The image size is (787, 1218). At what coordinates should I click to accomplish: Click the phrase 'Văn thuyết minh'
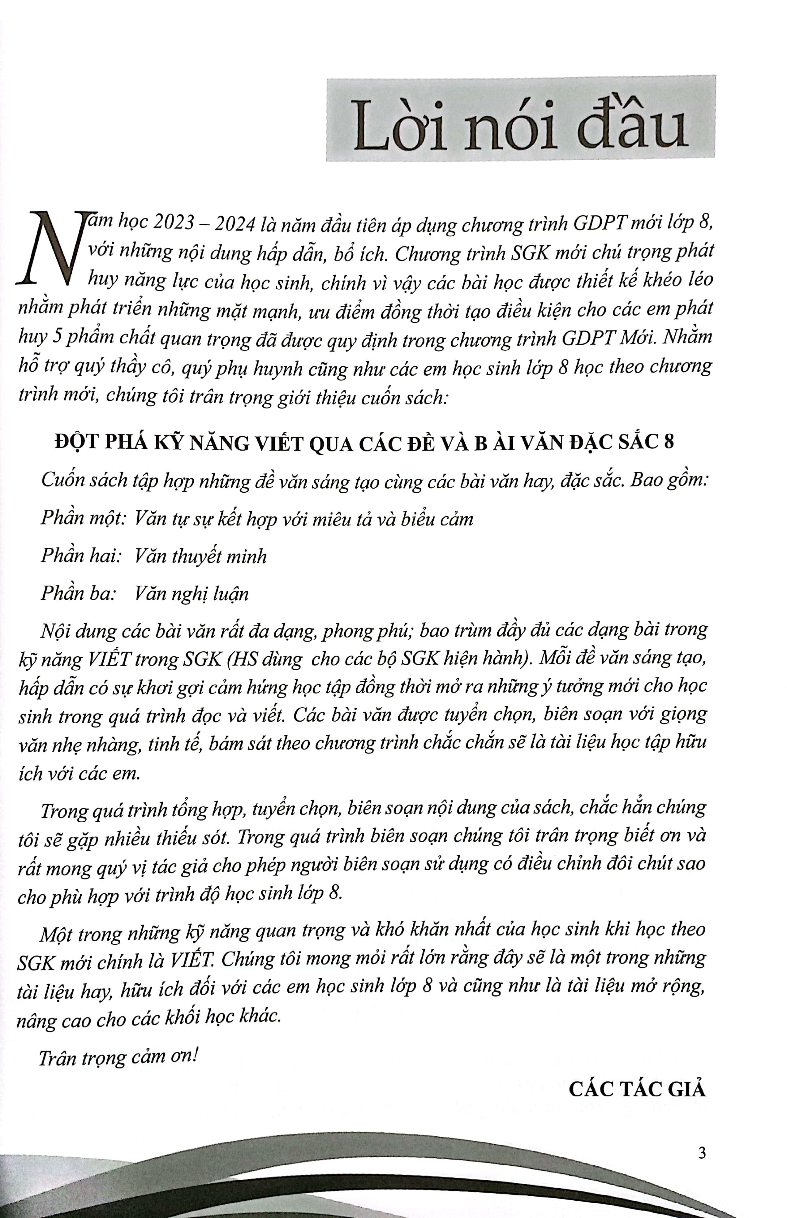[x=200, y=555]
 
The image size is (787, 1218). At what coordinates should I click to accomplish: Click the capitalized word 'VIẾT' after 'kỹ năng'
[x=110, y=660]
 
